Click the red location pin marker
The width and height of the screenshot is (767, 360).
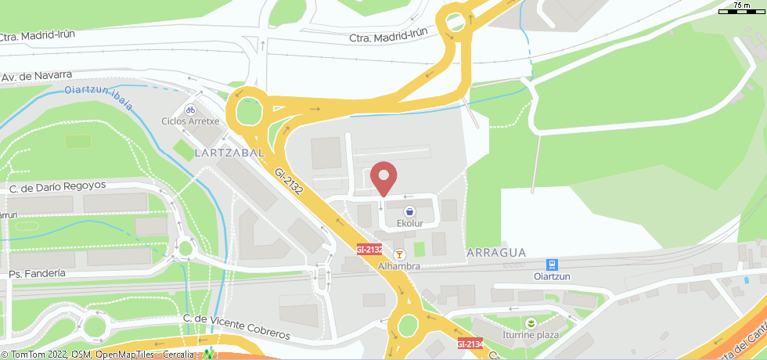click(x=383, y=177)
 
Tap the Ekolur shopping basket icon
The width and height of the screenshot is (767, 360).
click(x=409, y=211)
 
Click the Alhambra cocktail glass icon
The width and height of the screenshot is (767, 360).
click(x=399, y=254)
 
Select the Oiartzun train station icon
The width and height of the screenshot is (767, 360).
click(x=552, y=265)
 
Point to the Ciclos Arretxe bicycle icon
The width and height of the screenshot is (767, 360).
click(x=190, y=110)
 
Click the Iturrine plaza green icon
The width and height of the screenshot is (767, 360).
click(x=531, y=322)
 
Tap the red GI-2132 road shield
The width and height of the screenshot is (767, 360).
click(x=369, y=250)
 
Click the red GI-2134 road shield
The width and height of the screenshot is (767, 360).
click(x=470, y=344)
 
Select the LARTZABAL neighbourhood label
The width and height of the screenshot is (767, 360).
click(x=229, y=153)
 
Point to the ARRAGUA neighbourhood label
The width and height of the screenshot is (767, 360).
click(x=495, y=253)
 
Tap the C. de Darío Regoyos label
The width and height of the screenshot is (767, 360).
click(x=57, y=186)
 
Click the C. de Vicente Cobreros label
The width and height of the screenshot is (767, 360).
click(x=236, y=326)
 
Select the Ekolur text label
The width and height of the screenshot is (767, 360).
click(x=409, y=223)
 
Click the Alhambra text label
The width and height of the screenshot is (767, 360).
click(x=399, y=266)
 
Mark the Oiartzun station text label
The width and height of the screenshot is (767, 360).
click(x=552, y=276)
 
